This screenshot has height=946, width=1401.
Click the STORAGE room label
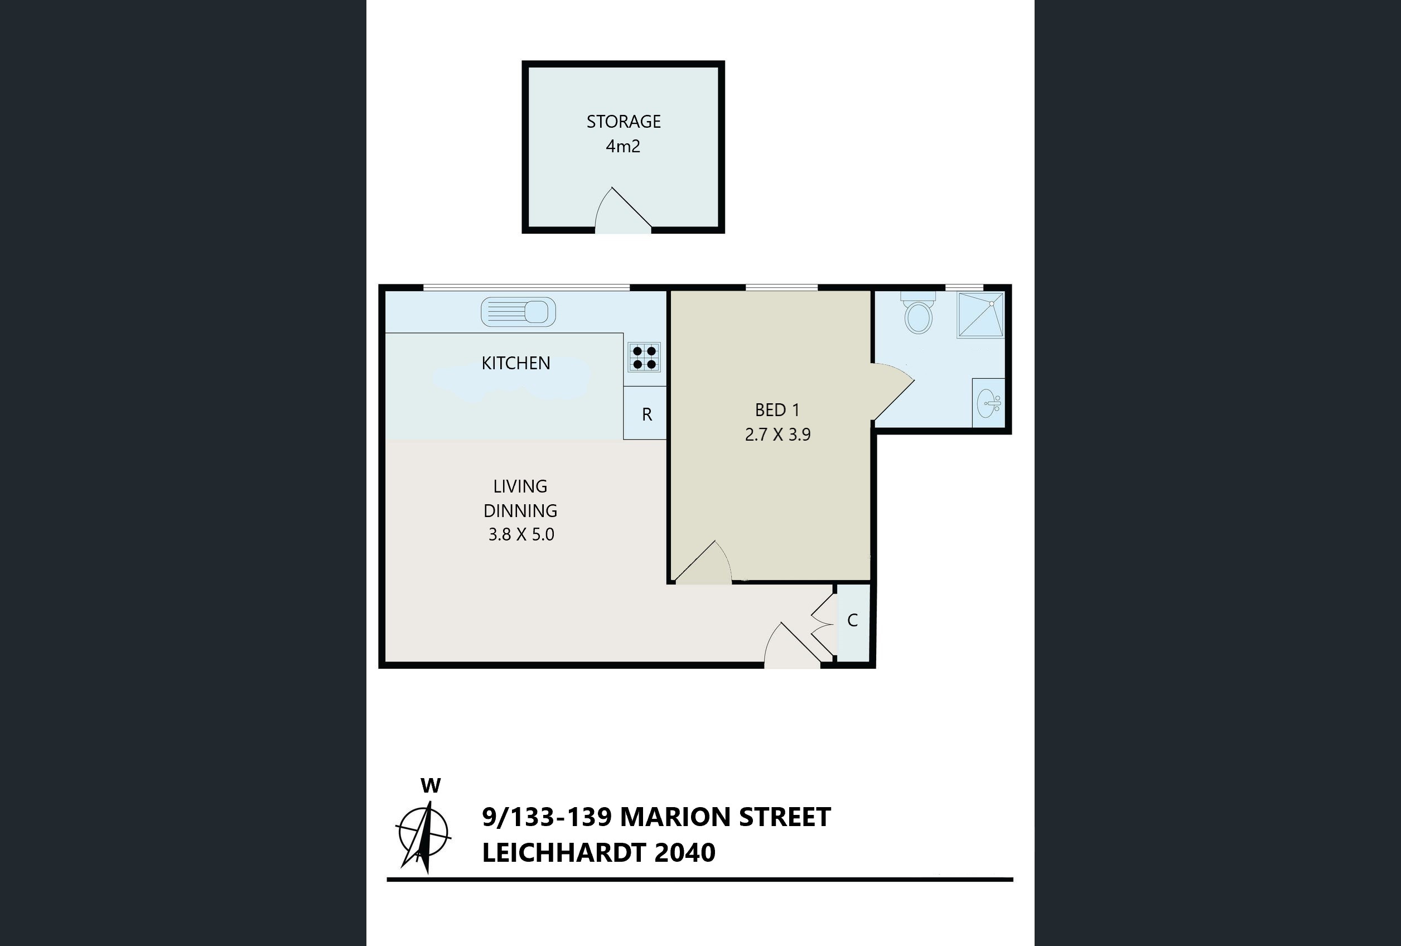tap(624, 122)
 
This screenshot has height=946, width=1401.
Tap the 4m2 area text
tap(623, 147)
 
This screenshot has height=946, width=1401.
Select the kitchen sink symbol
tap(518, 312)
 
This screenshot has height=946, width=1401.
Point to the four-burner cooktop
tap(644, 357)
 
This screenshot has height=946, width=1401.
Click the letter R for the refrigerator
tap(647, 415)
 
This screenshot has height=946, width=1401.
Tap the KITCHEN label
tap(515, 363)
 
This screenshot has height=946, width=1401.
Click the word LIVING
tap(520, 486)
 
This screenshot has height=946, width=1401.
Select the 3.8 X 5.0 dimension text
tap(521, 535)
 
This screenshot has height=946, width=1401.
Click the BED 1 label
tap(777, 410)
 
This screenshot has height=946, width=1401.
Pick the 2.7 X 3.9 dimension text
tap(777, 435)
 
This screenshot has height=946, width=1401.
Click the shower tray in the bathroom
tap(981, 314)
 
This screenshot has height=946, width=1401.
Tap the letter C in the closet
tap(852, 620)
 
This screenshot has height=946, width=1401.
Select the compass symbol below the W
tap(423, 836)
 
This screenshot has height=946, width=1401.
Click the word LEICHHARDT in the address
tap(564, 852)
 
